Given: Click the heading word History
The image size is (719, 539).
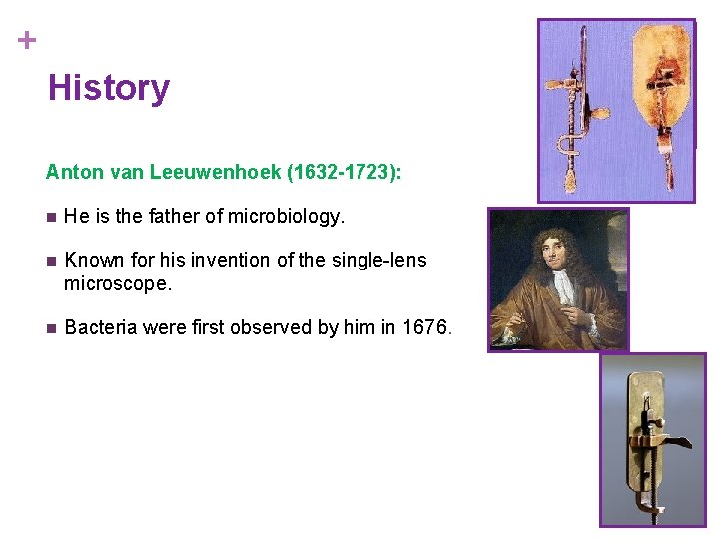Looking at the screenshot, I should [x=109, y=88].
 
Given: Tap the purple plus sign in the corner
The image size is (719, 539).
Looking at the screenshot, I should [x=27, y=41].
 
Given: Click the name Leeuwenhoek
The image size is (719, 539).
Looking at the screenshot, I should [x=215, y=172].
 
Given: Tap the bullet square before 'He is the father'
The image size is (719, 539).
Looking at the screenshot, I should [x=51, y=217].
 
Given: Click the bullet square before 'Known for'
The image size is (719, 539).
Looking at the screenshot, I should [x=51, y=261].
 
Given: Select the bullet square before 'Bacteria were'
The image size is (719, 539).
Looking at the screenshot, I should [x=51, y=328].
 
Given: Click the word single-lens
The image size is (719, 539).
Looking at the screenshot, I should [x=379, y=261].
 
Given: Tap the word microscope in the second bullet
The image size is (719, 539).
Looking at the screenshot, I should [x=116, y=284].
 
